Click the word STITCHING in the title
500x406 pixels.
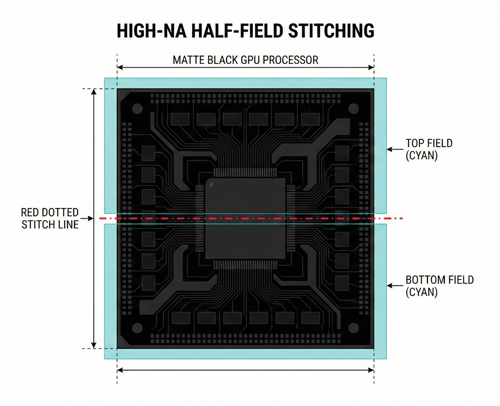(331, 31)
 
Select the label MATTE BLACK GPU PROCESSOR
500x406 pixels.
(245, 60)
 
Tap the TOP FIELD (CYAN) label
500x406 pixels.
(429, 149)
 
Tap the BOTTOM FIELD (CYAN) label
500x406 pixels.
(439, 286)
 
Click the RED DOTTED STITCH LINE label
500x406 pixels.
(50, 218)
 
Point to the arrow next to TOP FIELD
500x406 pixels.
(395, 149)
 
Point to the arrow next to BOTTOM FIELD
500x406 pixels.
(395, 286)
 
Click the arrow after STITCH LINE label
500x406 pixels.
(87, 218)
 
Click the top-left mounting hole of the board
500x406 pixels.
(137, 108)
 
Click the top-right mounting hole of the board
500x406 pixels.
(354, 108)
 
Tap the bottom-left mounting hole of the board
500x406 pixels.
(137, 328)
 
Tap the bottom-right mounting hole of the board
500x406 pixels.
(354, 328)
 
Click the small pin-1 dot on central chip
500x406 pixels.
(211, 184)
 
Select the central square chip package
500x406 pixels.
(246, 218)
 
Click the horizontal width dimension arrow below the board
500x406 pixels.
(245, 370)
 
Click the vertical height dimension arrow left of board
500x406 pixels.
(94, 218)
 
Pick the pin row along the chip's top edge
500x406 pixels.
(245, 173)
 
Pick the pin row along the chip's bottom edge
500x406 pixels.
(245, 264)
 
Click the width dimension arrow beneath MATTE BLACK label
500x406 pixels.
(245, 67)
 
